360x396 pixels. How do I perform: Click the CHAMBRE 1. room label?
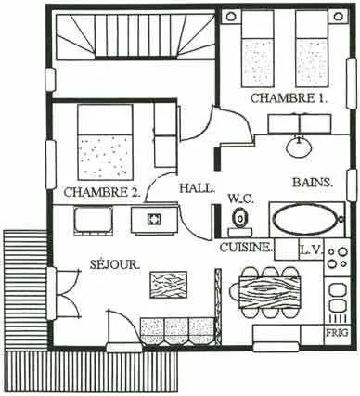289,98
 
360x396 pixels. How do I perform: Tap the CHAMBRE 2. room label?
102,192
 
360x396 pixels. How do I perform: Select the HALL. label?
197,188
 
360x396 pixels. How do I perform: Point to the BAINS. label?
313,183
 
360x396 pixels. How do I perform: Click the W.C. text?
240,198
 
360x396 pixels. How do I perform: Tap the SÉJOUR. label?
115,264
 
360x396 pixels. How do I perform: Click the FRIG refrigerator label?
337,333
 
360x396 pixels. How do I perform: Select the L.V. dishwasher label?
312,249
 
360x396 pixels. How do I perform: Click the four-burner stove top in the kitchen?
337,258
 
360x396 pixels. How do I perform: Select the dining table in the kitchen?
269,292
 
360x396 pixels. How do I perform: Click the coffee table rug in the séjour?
169,285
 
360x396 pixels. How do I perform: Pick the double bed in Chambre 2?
105,142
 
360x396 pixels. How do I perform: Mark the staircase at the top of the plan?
135,34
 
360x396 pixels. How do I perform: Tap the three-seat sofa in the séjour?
177,331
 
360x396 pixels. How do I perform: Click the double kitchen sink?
337,298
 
